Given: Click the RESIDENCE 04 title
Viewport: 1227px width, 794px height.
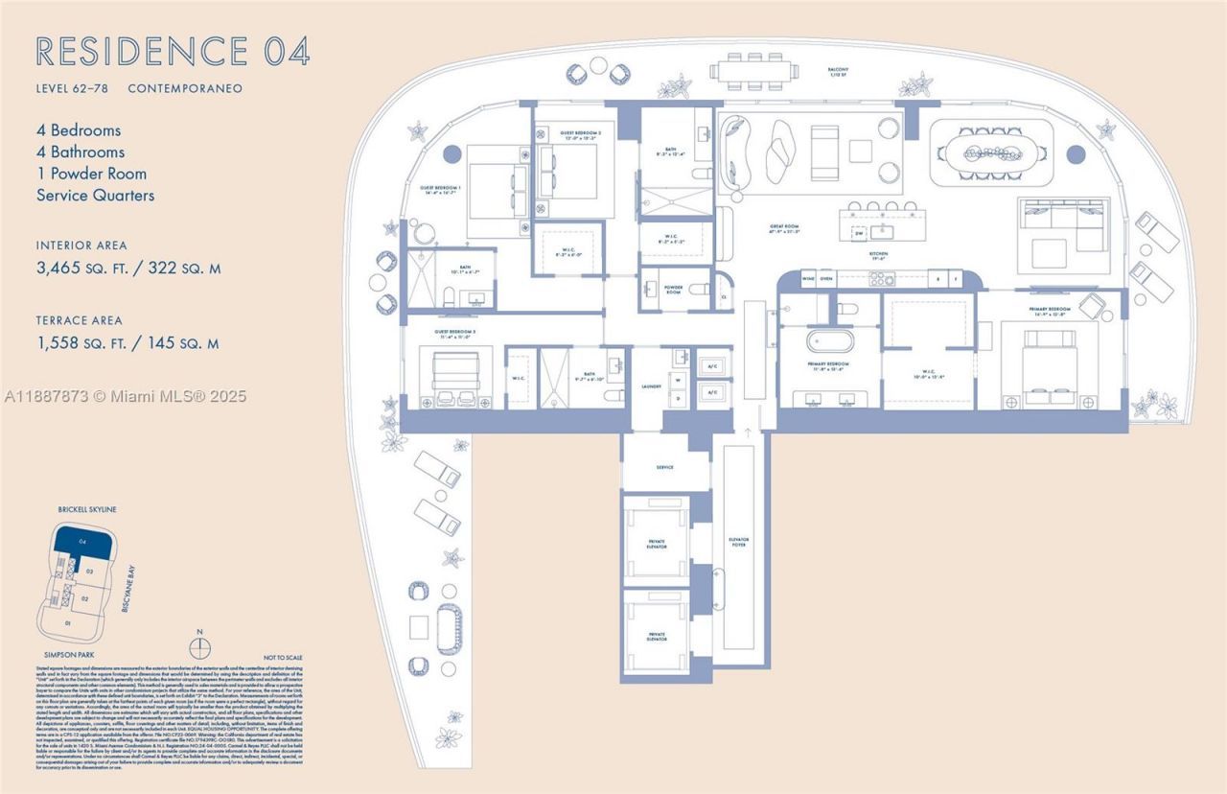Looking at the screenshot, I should point(173,52).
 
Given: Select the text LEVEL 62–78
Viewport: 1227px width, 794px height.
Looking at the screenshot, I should point(76,88).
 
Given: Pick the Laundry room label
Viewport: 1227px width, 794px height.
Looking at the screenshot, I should point(653,387).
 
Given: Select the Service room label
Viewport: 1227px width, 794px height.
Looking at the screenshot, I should point(664,467).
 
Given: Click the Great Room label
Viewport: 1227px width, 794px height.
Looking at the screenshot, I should point(784,229).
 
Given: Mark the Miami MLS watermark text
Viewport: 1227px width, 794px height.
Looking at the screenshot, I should point(125,396).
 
